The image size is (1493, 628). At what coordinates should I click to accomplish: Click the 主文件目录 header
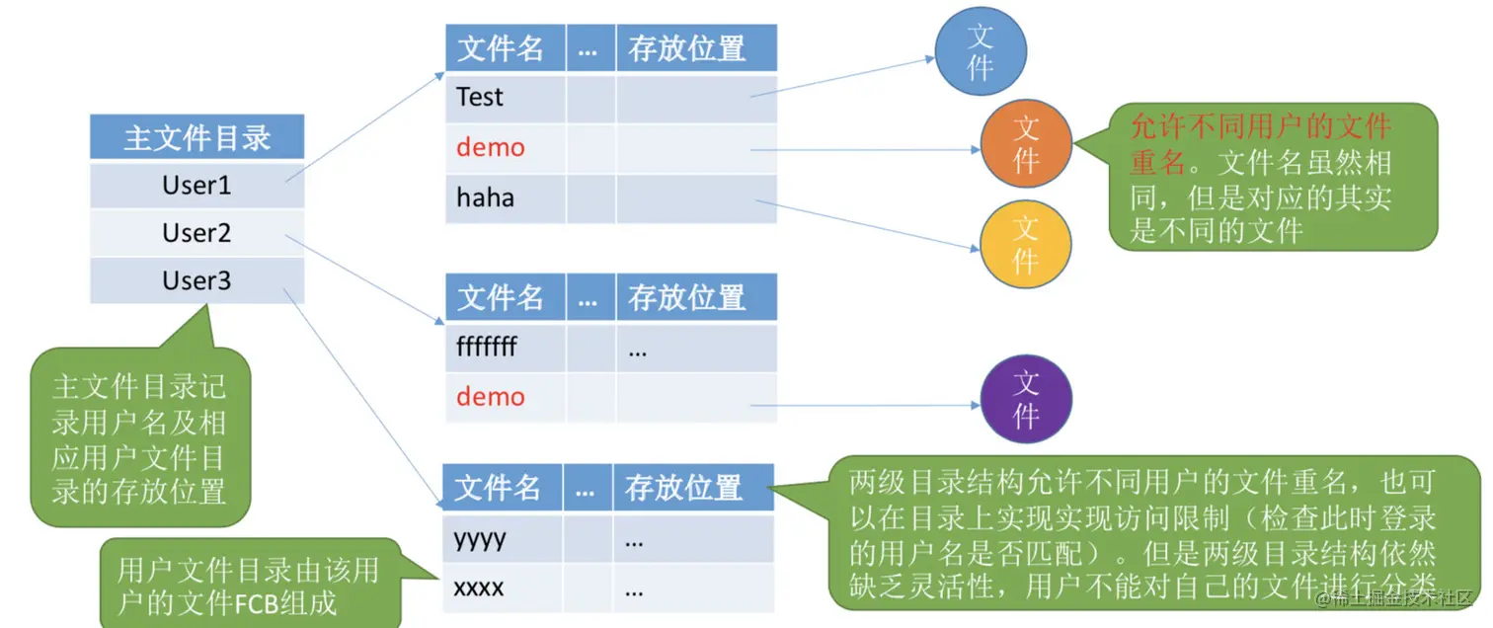[196, 137]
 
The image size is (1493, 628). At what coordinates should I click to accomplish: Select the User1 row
[196, 185]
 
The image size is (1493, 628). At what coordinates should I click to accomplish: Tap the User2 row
[196, 233]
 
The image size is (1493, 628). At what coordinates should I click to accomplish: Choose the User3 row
[196, 280]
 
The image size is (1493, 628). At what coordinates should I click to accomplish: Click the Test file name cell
[480, 97]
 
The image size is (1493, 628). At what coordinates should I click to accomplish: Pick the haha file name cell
[485, 197]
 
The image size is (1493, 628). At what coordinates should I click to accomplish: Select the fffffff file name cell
[487, 348]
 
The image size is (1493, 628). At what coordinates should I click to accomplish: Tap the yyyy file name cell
[480, 538]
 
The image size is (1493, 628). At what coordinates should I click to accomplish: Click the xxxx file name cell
[479, 589]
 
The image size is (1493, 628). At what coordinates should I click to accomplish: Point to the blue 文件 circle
[981, 51]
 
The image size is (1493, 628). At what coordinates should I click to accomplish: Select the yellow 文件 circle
[1025, 243]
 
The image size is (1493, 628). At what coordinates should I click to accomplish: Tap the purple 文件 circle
[1026, 398]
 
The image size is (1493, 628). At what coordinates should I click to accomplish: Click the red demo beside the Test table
[491, 147]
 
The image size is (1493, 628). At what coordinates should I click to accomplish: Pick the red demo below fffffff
[491, 397]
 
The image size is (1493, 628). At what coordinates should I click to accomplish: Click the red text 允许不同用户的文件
[1260, 127]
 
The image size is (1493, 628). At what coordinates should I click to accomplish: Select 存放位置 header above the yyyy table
[683, 487]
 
